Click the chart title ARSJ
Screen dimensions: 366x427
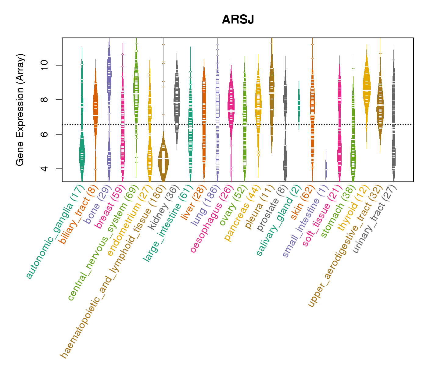click(x=238, y=20)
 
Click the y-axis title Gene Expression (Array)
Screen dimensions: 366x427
click(x=20, y=110)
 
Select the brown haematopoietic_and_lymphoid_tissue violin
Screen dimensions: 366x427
click(x=163, y=159)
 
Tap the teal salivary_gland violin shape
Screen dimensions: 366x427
click(x=299, y=104)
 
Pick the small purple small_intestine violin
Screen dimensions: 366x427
click(x=326, y=166)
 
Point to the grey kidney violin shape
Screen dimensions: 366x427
click(x=177, y=101)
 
